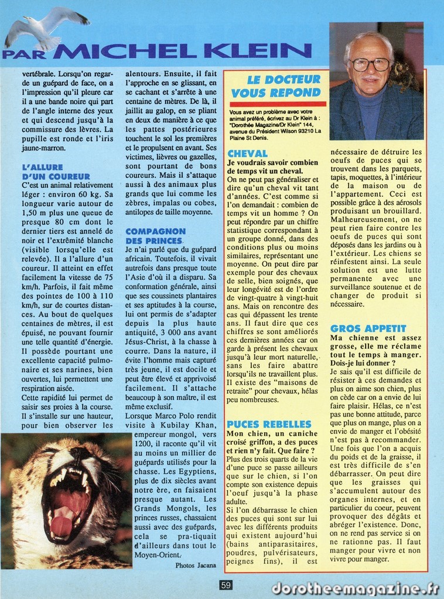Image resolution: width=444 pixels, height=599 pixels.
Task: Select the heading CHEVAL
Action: tap(247, 153)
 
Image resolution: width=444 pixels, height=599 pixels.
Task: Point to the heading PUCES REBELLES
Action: tap(269, 424)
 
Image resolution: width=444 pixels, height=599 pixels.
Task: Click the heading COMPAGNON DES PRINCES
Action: tap(155, 236)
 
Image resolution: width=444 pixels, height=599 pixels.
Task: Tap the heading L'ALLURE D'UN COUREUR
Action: tap(56, 172)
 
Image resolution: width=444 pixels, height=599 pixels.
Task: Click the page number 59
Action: tap(227, 584)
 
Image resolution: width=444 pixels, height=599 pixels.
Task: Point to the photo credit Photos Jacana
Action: tap(195, 565)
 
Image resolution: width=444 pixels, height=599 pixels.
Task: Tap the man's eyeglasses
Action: tap(370, 64)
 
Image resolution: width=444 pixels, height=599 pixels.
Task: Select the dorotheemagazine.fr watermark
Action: tap(355, 587)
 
